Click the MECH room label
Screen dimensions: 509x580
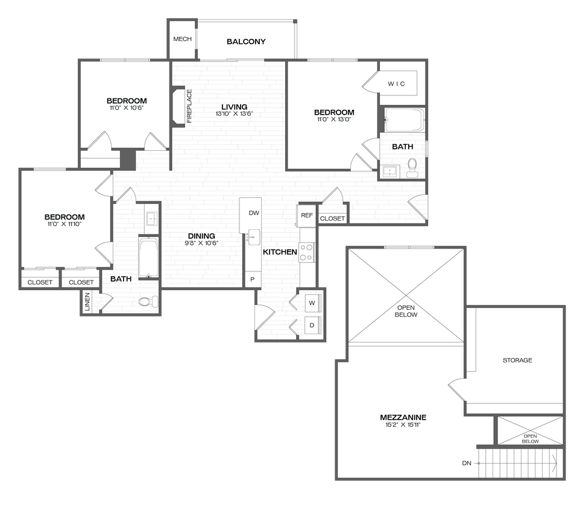182,39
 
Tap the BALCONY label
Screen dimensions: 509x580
246,42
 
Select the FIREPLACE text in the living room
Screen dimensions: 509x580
189,106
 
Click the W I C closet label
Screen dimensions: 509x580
396,84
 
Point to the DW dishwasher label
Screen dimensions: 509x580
254,213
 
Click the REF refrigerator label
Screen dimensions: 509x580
307,215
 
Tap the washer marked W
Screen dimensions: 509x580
312,302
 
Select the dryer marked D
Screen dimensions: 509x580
312,326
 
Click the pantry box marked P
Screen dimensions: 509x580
252,280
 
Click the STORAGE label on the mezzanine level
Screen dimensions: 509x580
517,360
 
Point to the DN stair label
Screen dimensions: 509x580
467,463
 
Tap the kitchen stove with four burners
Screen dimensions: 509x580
306,252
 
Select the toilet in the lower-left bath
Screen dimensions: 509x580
146,302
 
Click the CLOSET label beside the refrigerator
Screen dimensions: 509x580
333,218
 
